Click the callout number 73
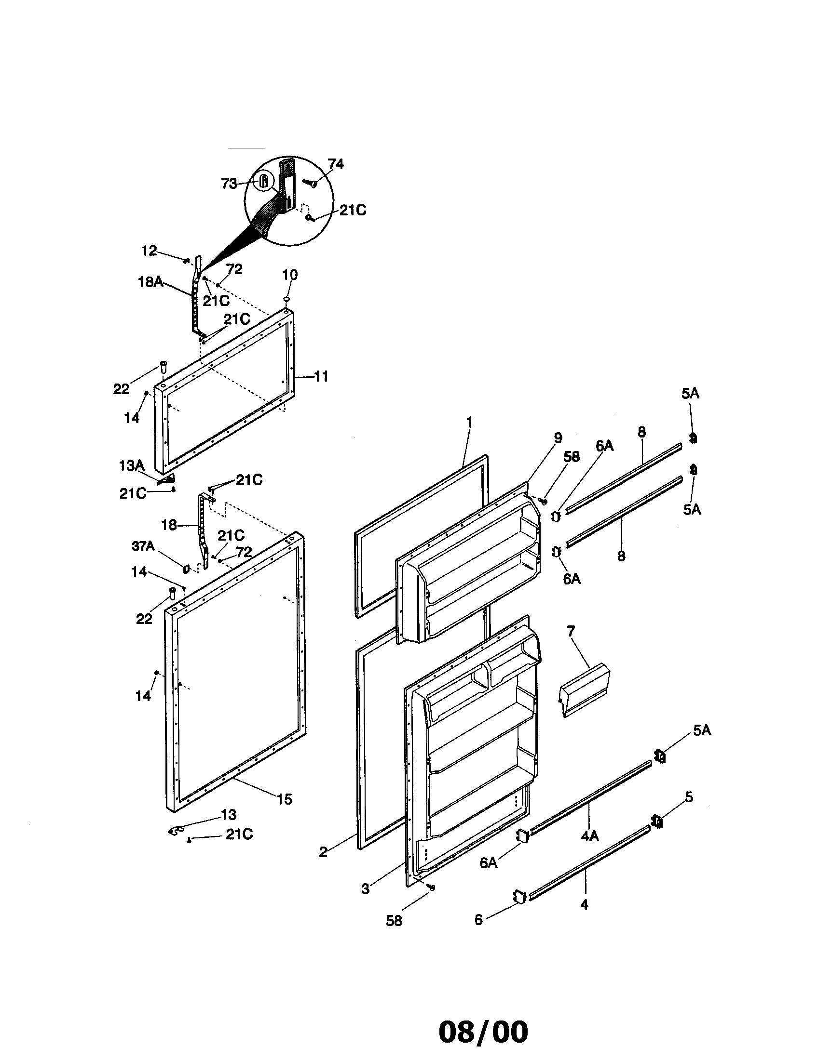coord(229,184)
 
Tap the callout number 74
coord(335,164)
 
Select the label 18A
coord(150,281)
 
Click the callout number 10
coord(289,274)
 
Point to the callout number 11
coord(321,376)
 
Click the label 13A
coord(132,466)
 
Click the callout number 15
coord(285,799)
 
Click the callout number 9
coord(558,438)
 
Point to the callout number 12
coord(149,251)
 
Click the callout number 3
coord(365,888)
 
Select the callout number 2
coord(324,851)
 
